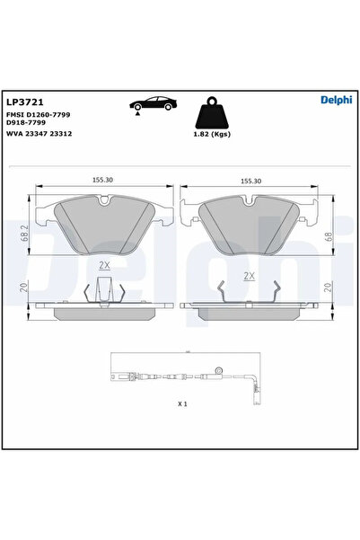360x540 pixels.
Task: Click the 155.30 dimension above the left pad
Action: point(104,180)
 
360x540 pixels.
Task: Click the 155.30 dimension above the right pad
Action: point(250,181)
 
